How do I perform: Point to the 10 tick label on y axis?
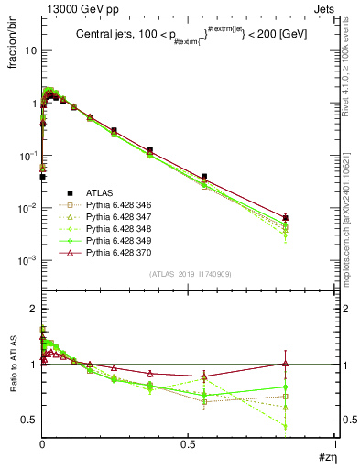(30, 50)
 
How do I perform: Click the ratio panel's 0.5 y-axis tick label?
(30, 420)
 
